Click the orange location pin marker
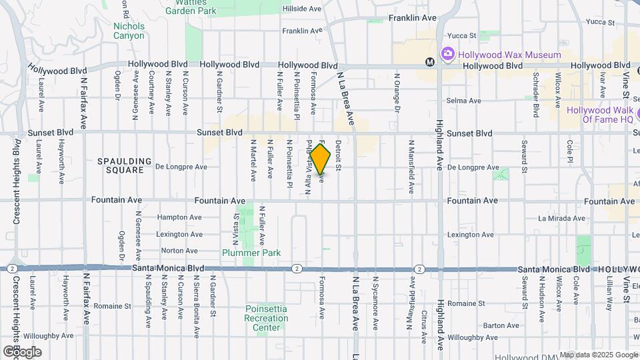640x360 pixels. [x=321, y=160]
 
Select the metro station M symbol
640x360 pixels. [x=430, y=62]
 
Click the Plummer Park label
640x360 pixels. [x=251, y=253]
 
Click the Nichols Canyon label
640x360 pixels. [x=129, y=31]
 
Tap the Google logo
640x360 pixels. [x=21, y=351]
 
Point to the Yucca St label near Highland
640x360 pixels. [x=463, y=35]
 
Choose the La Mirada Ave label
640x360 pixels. [x=562, y=218]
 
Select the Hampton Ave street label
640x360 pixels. [x=179, y=217]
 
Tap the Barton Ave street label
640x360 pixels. [x=497, y=325]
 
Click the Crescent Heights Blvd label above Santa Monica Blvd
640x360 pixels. [x=16, y=181]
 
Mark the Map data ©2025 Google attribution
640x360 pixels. [x=598, y=355]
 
